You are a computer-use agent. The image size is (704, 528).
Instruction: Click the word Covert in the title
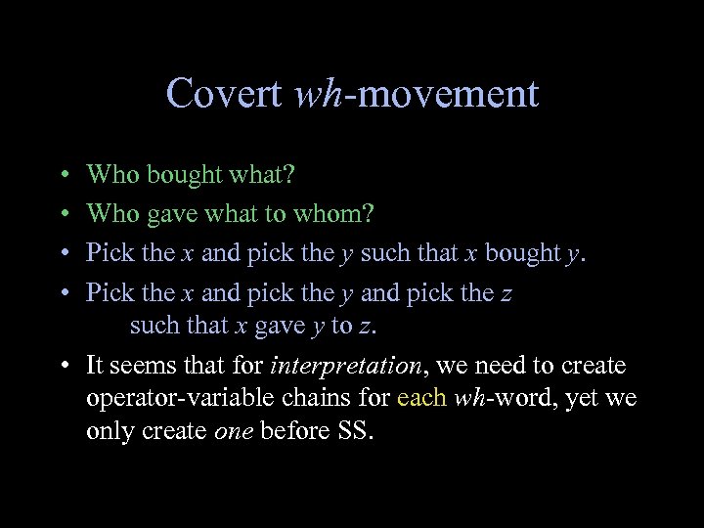tap(226, 94)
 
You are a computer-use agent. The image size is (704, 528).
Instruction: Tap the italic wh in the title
tap(316, 94)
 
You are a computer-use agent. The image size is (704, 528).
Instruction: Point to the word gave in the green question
tap(171, 213)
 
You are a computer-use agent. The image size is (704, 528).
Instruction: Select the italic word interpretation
tap(347, 367)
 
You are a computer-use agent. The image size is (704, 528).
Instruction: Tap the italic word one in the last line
tap(233, 431)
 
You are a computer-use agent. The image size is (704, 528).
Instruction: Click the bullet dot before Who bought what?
tap(63, 176)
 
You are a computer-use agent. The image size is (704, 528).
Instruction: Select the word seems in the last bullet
tap(144, 367)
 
